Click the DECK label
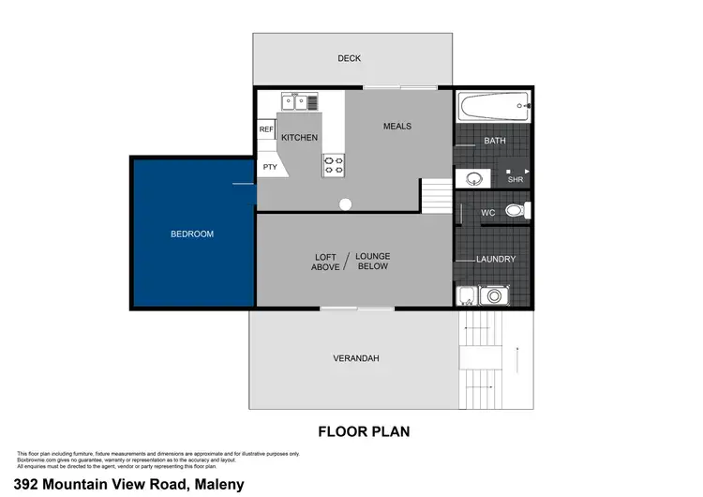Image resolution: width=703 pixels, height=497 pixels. (349, 58)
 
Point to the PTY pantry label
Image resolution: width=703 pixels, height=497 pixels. (270, 167)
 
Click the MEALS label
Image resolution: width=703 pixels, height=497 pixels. (396, 126)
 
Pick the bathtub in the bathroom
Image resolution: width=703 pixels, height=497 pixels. (491, 110)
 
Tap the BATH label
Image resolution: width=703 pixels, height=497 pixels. (494, 141)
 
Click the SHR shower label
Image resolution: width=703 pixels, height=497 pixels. (515, 179)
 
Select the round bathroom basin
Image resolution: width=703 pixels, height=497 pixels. (471, 177)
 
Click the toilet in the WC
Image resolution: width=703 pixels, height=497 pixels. (515, 211)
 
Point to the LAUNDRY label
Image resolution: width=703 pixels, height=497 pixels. (495, 259)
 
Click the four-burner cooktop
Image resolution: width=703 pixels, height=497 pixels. (333, 165)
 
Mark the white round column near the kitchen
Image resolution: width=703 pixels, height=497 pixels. (345, 203)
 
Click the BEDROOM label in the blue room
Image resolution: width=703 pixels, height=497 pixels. (191, 233)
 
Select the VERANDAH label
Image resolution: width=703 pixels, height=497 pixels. (355, 358)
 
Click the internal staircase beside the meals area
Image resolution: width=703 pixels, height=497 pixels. (435, 196)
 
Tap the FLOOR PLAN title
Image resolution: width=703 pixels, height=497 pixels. (364, 432)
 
